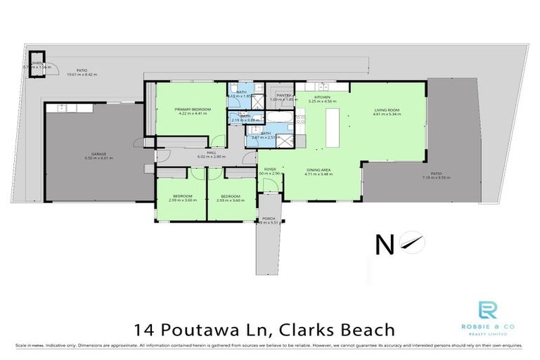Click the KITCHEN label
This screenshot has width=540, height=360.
point(322,96)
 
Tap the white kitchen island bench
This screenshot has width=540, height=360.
point(331,127)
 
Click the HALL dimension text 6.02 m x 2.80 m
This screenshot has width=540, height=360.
point(210,157)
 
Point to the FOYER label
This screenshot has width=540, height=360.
point(270,169)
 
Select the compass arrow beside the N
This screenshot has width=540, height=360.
point(411,242)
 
